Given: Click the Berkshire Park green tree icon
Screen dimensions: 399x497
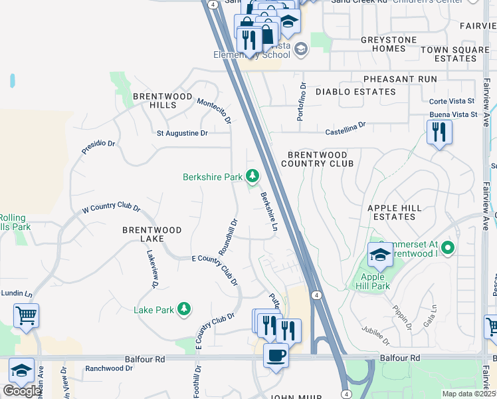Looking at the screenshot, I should click(x=252, y=176).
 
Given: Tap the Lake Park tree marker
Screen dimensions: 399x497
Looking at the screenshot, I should click(x=184, y=309).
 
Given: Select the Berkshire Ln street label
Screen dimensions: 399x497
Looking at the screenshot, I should click(x=268, y=212).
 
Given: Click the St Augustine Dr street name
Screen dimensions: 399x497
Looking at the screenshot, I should click(x=182, y=133).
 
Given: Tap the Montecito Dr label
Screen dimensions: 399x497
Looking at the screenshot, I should click(x=214, y=110).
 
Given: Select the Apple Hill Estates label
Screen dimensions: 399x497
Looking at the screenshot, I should click(x=395, y=212).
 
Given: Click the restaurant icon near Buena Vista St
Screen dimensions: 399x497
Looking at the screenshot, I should click(x=439, y=132).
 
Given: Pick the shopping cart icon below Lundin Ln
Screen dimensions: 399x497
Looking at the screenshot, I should click(x=26, y=316).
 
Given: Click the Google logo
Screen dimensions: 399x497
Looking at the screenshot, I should click(x=21, y=391).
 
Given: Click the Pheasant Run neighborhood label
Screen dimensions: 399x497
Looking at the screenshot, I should click(x=401, y=79).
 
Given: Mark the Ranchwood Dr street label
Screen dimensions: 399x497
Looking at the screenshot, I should click(x=110, y=368).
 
